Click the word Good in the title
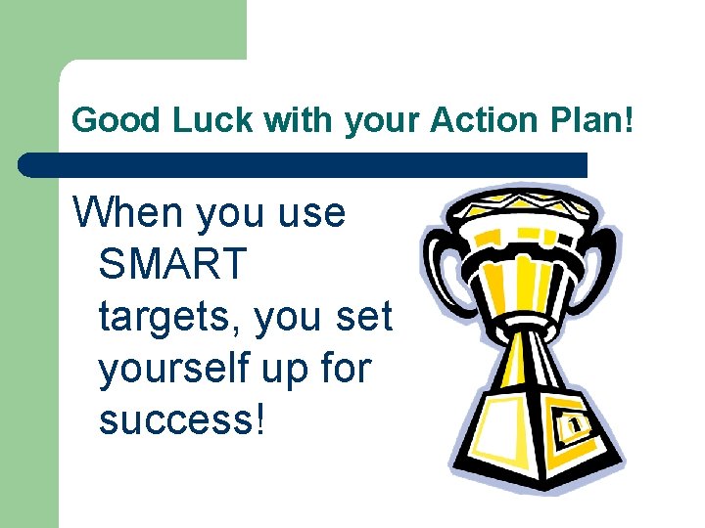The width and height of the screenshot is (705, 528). [x=108, y=121]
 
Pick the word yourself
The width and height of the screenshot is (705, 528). [x=172, y=370]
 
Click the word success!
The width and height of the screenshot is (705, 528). [x=181, y=421]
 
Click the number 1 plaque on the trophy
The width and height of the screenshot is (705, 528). [x=575, y=424]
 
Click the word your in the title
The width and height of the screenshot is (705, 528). [x=377, y=121]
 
